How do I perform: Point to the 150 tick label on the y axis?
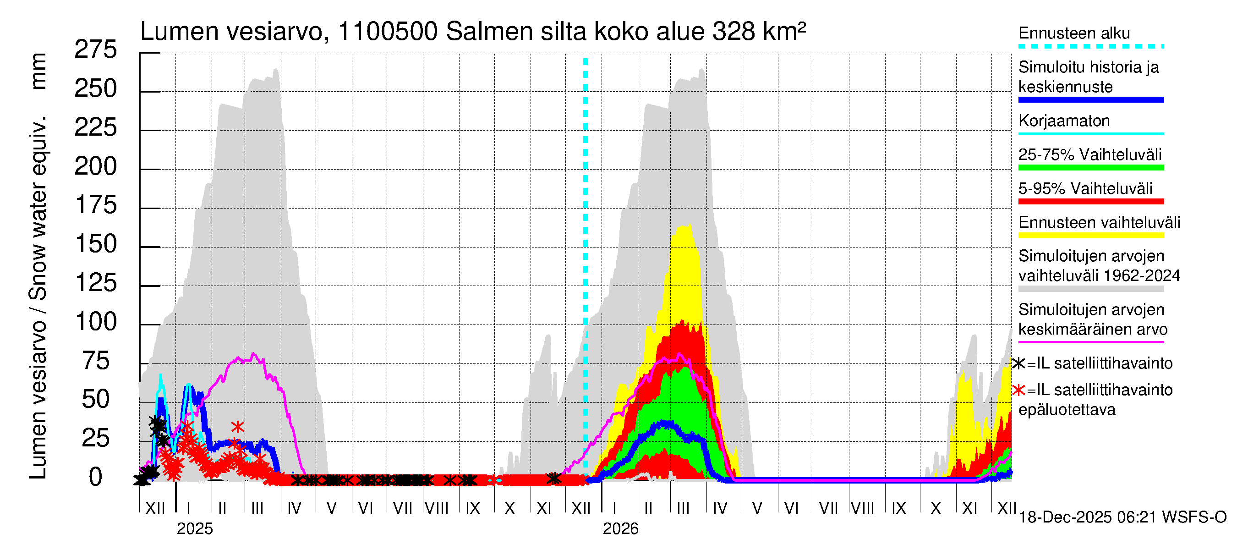(x=96, y=244)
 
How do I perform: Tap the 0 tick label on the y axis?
(x=96, y=478)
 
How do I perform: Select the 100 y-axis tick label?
(x=96, y=322)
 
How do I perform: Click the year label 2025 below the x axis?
(x=194, y=529)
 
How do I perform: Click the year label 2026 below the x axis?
(x=620, y=529)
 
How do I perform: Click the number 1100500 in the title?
(x=388, y=32)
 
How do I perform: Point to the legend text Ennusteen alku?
(x=1074, y=33)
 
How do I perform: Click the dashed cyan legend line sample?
(x=1090, y=47)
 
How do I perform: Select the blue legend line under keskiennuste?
(x=1090, y=100)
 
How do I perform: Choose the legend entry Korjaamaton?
(x=1064, y=121)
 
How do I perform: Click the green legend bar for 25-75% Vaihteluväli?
(x=1090, y=168)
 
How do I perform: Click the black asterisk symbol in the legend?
(x=1018, y=363)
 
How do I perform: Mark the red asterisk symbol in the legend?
(x=1018, y=390)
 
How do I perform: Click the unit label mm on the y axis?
(x=38, y=71)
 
